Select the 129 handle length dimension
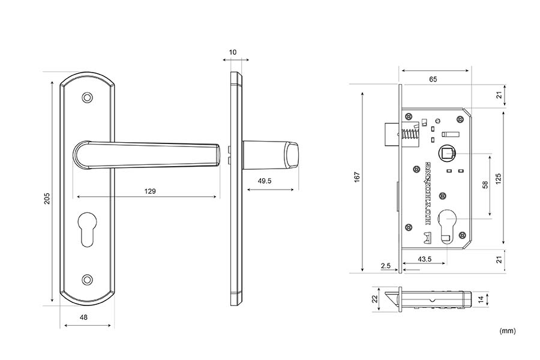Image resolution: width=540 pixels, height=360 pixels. [150, 191]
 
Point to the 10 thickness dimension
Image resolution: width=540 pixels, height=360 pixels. [233, 52]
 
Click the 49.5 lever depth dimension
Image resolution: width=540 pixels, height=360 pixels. [265, 181]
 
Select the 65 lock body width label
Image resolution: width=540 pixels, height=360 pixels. [433, 79]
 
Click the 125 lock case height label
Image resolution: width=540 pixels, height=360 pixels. [499, 178]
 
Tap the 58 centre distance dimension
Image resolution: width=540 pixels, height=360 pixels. [485, 185]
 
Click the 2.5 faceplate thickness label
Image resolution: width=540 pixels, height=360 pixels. [385, 264]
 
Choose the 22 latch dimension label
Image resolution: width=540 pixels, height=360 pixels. [374, 298]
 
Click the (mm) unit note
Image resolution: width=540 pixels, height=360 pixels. [507, 331]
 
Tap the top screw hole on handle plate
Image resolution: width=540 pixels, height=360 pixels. [89, 97]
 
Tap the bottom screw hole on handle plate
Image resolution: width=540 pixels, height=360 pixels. [89, 279]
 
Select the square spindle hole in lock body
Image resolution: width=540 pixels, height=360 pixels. [447, 154]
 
